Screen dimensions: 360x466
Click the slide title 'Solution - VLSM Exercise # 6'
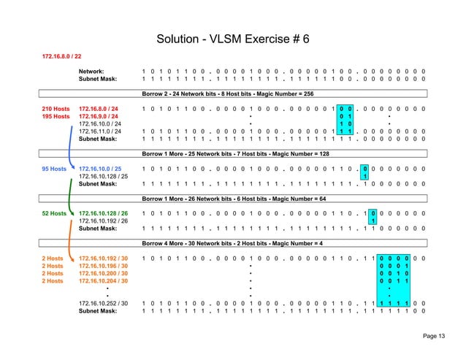(232, 38)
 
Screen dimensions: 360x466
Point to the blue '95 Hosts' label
(57, 169)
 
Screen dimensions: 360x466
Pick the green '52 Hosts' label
(57, 214)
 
